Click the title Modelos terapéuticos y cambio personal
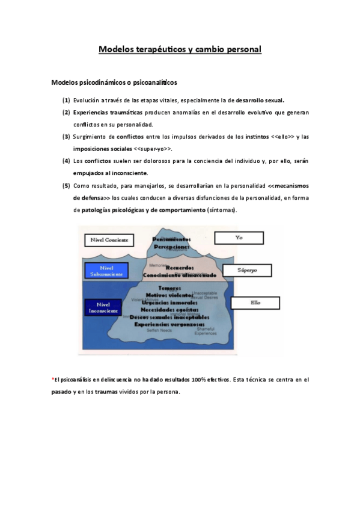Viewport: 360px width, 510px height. coord(180,49)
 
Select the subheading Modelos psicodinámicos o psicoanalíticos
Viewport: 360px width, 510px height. coord(114,82)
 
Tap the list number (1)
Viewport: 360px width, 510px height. coord(66,100)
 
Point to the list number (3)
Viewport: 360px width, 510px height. coord(66,137)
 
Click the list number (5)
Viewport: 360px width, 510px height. coord(66,185)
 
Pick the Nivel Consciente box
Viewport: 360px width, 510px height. coord(109,239)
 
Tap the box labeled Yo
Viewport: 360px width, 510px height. coord(239,238)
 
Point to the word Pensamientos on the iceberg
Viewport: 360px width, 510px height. coord(171,239)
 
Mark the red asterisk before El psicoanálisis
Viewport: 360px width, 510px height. coord(53,379)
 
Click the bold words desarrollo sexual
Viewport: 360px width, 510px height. coord(260,100)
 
